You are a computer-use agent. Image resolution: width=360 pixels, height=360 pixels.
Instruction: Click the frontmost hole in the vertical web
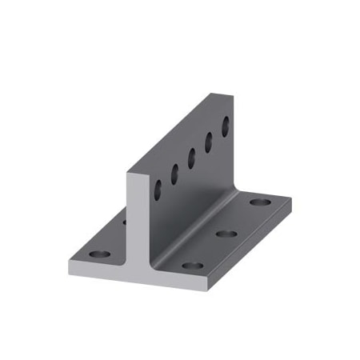click(x=158, y=190)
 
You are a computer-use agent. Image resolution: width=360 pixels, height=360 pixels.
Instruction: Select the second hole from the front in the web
click(x=174, y=174)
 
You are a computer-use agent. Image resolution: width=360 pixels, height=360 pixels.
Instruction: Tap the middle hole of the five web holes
click(x=191, y=158)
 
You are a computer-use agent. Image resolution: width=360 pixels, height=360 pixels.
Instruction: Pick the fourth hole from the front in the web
click(x=209, y=141)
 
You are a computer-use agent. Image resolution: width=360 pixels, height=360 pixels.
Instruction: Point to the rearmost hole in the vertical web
click(x=226, y=125)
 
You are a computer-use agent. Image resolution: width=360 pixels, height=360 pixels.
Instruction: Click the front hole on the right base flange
click(x=190, y=265)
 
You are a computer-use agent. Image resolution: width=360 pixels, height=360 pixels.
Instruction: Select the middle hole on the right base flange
click(x=226, y=234)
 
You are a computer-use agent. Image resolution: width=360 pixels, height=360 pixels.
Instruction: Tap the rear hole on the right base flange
click(x=258, y=202)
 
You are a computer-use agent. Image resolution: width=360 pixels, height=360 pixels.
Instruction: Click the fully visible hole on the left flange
click(x=98, y=254)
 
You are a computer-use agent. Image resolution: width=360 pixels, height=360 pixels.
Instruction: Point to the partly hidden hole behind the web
click(x=125, y=222)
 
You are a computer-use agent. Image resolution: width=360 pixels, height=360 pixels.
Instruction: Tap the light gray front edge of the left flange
click(x=96, y=270)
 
